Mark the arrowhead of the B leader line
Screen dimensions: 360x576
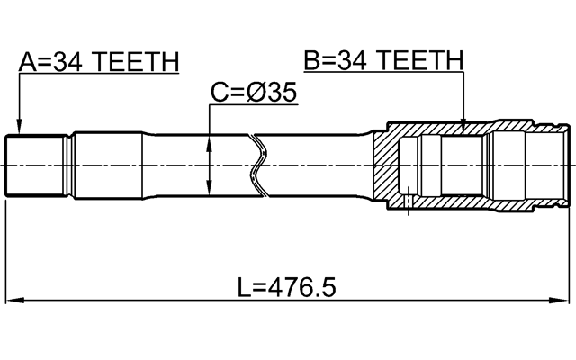pos(463,129)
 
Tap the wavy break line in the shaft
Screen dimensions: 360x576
pos(259,165)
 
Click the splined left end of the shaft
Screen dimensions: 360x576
pos(34,165)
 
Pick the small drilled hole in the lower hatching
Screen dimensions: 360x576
pos(408,201)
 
